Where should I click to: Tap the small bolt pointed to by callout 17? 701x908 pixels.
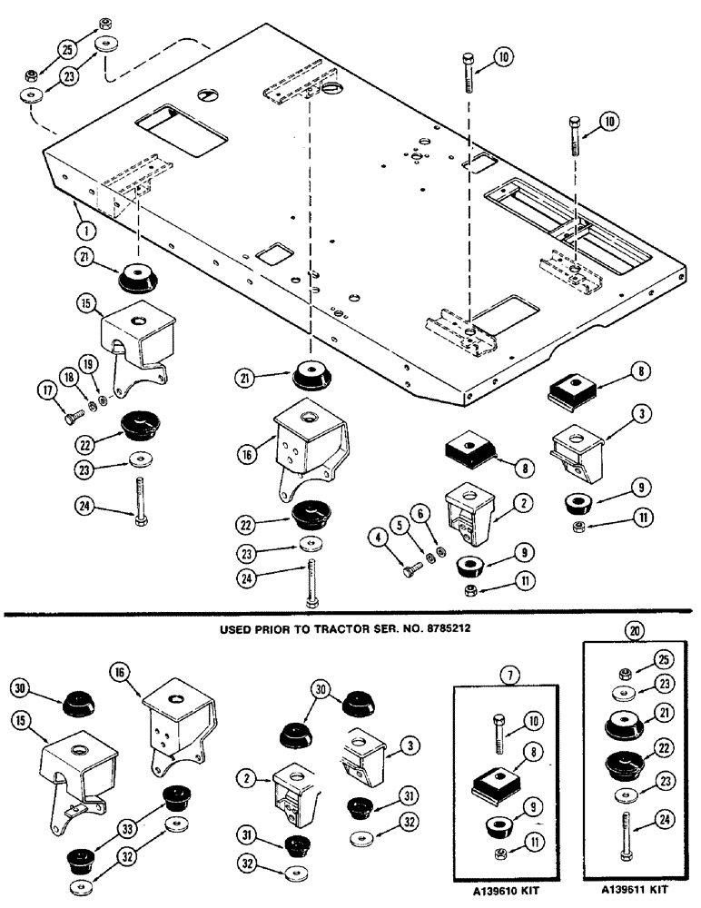[x=74, y=415]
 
